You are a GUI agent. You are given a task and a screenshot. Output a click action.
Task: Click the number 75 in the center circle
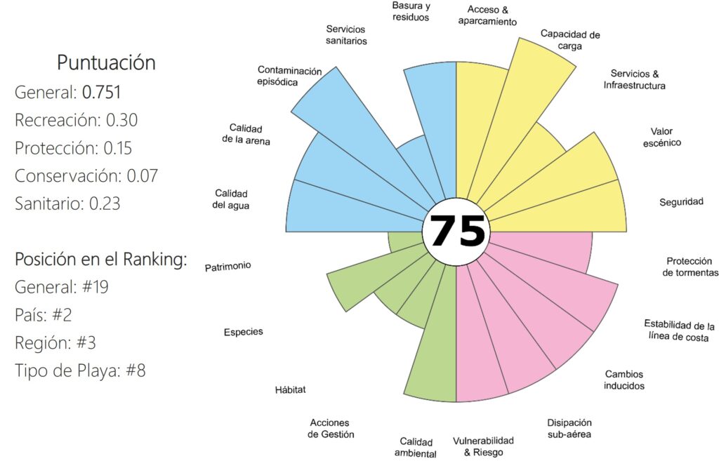pos(457,231)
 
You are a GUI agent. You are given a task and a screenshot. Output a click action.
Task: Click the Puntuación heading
pos(106,62)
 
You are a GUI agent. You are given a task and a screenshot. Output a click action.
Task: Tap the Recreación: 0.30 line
pos(76,120)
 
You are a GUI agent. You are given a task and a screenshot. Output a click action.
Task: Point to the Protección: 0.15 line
pos(73,148)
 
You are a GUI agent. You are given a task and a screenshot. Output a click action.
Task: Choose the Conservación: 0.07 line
pos(86,175)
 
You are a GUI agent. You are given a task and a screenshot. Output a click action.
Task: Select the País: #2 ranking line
pos(44,314)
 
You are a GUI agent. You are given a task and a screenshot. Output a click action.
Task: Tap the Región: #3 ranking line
pos(55,342)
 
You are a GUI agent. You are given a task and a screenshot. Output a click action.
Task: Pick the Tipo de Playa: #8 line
pos(80,370)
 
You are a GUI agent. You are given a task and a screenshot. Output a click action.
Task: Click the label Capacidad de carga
pos(569,40)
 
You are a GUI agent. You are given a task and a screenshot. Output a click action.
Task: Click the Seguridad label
pos(681,202)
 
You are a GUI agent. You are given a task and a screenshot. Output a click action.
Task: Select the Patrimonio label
pos(227,267)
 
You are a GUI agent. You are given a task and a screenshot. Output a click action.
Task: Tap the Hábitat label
pos(291,389)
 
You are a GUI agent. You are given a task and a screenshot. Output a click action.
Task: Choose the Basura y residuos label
pos(411,11)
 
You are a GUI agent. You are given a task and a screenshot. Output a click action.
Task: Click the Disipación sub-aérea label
pos(569,428)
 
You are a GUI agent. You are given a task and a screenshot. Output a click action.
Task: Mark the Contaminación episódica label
pos(289,76)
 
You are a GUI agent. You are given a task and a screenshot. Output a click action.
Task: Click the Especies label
pos(243,332)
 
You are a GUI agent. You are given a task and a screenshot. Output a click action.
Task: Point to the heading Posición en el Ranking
pos(101,259)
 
